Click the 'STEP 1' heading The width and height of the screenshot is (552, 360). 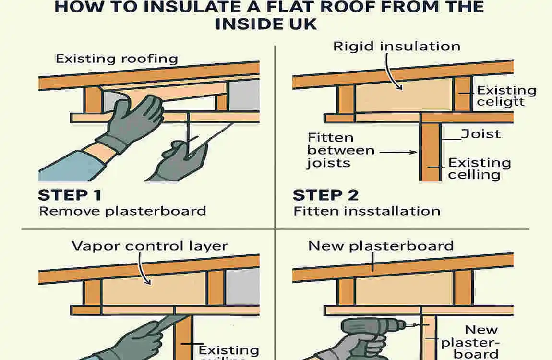tap(70, 195)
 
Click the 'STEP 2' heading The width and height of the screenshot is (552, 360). tap(325, 195)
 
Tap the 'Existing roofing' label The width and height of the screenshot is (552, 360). tap(117, 59)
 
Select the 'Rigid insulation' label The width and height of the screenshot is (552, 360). tap(396, 46)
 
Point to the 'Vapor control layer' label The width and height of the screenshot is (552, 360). tap(149, 246)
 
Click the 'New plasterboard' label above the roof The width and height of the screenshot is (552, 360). tap(381, 246)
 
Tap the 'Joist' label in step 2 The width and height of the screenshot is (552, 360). tap(481, 133)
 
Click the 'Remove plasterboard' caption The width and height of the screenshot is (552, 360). tap(122, 211)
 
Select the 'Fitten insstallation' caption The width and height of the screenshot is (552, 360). tap(367, 211)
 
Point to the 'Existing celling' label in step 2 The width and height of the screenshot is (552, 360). tap(479, 168)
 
